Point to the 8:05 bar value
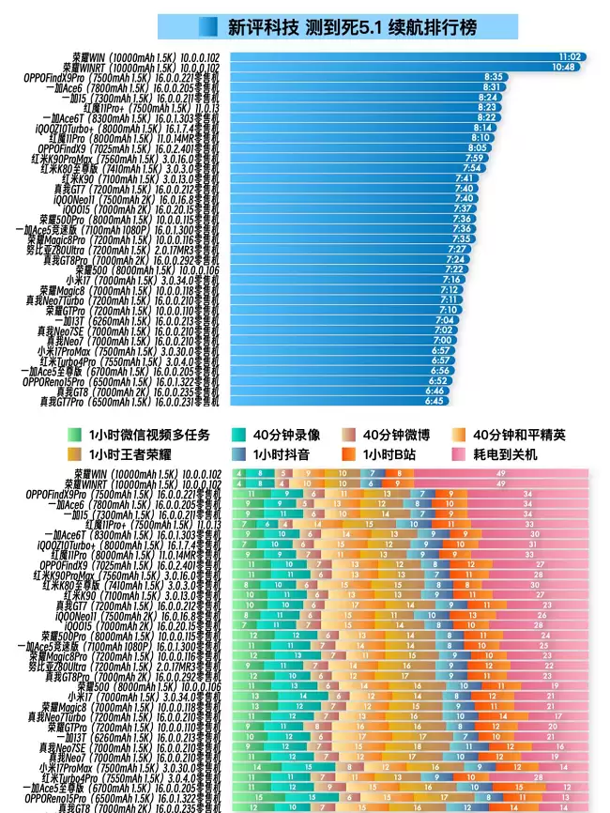478,147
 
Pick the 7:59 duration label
475,158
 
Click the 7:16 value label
451,279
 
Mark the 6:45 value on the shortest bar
434,401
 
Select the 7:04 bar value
444,320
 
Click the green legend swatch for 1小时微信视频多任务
75,435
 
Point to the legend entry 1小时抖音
281,454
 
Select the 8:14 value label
482,128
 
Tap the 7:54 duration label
473,168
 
